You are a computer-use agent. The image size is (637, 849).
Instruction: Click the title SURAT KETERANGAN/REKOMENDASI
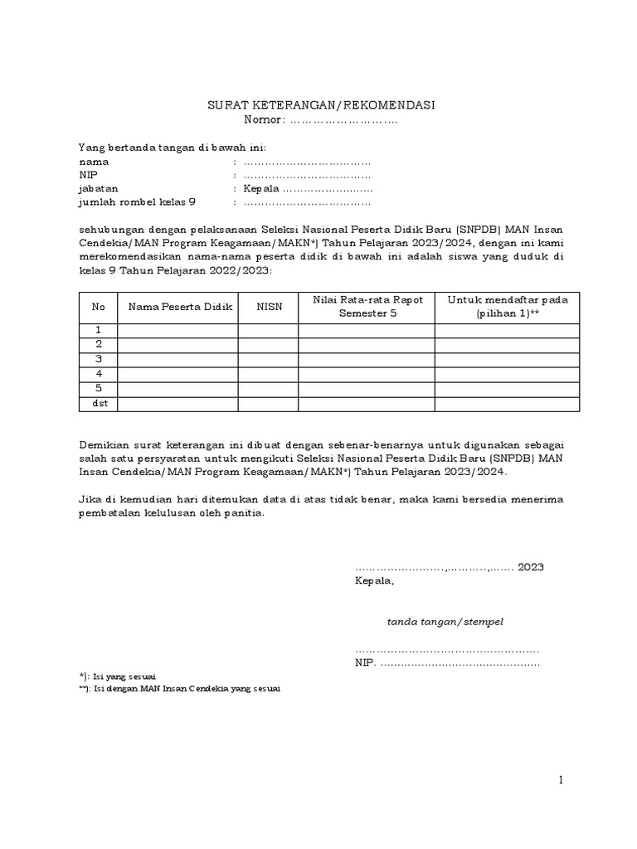tap(320, 105)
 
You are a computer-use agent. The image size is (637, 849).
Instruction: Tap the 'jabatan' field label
tap(98, 188)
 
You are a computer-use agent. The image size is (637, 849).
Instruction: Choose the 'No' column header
tap(99, 307)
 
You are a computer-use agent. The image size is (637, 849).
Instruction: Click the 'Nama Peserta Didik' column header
tap(178, 307)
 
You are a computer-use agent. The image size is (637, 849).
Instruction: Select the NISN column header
tap(269, 307)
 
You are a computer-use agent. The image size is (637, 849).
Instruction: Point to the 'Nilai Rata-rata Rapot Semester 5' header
tap(366, 307)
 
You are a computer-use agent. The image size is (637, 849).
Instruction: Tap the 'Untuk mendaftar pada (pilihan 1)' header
tap(507, 307)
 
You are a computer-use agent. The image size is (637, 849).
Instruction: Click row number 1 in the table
tap(99, 330)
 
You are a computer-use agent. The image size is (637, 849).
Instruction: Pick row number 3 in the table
tap(99, 359)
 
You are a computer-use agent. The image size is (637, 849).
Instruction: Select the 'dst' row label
tap(99, 403)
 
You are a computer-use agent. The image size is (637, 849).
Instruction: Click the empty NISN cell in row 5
tap(269, 388)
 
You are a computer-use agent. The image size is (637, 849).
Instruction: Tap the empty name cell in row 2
tap(178, 344)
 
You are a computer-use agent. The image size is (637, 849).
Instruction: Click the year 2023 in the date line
tap(530, 568)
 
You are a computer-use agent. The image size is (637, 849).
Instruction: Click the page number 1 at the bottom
tap(561, 780)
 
